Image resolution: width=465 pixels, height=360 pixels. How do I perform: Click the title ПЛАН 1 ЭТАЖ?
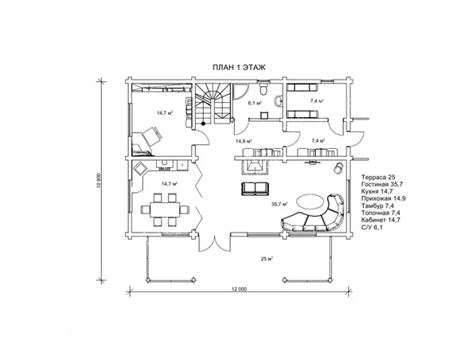click(x=239, y=68)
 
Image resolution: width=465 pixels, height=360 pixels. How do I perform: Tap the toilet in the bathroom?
click(x=263, y=88)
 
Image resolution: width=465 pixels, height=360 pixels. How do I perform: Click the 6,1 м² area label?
click(x=255, y=104)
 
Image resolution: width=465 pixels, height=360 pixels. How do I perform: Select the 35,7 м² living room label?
click(x=279, y=204)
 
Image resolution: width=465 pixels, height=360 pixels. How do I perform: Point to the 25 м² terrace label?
click(x=267, y=259)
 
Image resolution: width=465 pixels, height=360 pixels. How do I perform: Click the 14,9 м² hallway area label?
click(x=244, y=141)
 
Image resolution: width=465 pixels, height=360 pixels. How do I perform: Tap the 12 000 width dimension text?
click(x=239, y=289)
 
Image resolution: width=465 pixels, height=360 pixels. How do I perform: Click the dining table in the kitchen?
click(x=165, y=209)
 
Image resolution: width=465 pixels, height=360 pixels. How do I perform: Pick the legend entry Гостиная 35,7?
click(x=382, y=184)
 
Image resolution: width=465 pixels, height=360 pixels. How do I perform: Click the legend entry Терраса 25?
click(x=378, y=177)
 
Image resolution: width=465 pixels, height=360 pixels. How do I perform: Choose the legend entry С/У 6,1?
click(x=372, y=227)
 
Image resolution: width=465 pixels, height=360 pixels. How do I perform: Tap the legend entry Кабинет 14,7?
click(x=381, y=220)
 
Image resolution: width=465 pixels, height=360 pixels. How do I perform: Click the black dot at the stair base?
click(x=203, y=123)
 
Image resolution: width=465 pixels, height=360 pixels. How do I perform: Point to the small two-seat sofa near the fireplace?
click(x=255, y=189)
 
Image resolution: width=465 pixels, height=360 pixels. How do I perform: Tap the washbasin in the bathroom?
click(x=279, y=100)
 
